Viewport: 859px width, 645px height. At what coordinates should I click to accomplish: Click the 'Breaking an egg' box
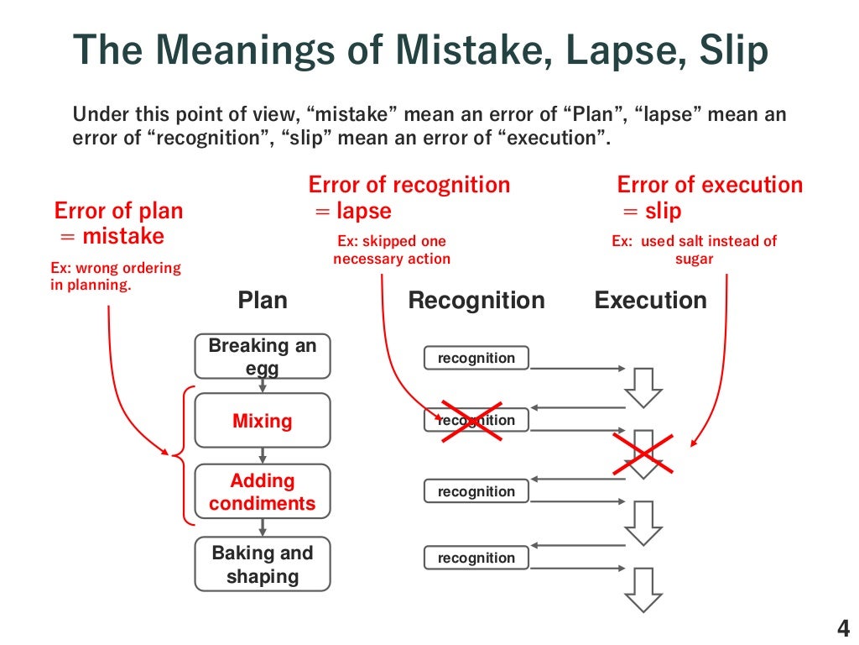coord(263,356)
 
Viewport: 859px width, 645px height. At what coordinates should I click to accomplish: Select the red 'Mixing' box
coord(263,421)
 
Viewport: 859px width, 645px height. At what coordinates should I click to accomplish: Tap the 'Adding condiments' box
coord(263,492)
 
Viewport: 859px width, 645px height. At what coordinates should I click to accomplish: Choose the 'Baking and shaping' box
coord(263,564)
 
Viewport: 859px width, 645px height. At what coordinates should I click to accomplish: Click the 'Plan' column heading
coord(263,301)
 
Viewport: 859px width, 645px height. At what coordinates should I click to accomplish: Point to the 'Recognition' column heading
coord(476,301)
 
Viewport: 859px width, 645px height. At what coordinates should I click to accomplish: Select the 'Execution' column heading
coord(650,301)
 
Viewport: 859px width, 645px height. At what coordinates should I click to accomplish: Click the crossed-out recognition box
coord(476,420)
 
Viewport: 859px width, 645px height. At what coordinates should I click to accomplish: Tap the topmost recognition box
coord(476,358)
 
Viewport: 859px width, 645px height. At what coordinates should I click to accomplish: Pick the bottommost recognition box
coord(476,558)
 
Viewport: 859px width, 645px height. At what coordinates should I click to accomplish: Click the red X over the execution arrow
coord(643,454)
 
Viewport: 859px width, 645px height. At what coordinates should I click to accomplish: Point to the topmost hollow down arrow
coord(643,387)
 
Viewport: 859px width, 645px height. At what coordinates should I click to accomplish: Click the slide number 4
coord(843,627)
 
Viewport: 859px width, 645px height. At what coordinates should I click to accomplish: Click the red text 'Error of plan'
coord(118,210)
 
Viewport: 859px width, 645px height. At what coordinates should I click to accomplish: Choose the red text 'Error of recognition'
coord(409,185)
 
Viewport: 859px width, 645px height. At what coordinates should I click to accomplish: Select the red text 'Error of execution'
coord(710,185)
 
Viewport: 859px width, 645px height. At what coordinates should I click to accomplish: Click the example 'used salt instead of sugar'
coord(694,250)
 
